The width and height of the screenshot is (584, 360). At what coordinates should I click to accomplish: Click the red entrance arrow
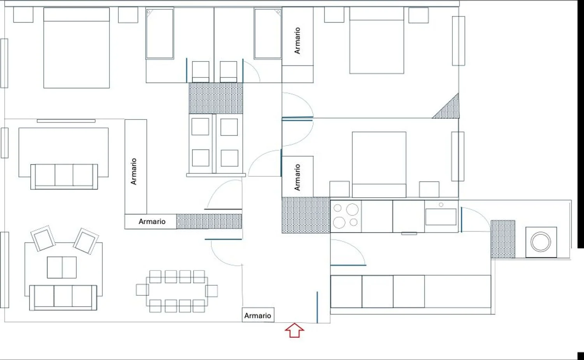click(x=294, y=330)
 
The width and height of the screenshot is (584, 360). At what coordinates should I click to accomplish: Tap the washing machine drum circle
click(x=541, y=242)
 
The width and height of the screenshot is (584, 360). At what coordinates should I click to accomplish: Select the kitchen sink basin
click(x=441, y=217)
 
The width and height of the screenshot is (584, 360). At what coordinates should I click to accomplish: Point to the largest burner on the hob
click(x=352, y=209)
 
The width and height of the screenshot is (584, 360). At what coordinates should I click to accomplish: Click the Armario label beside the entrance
click(x=258, y=316)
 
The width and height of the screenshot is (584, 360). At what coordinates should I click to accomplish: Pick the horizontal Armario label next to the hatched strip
click(x=152, y=221)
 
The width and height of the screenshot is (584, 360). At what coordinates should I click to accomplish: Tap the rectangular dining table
click(x=177, y=292)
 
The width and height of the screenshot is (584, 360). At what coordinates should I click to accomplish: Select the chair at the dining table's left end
click(x=142, y=290)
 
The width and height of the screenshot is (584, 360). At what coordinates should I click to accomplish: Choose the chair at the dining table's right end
click(x=211, y=291)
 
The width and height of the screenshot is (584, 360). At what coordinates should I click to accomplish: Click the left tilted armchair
click(x=43, y=239)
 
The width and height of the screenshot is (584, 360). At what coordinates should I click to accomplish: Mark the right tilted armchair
click(x=86, y=241)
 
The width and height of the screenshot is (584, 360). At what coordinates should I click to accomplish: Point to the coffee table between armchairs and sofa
click(x=62, y=267)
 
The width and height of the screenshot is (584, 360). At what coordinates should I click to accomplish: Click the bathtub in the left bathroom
click(x=160, y=33)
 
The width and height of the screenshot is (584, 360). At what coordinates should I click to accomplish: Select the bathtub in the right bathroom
click(x=268, y=33)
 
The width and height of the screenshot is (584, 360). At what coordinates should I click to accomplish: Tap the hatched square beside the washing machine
click(x=503, y=239)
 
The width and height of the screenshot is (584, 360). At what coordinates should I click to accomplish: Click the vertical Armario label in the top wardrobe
click(x=297, y=40)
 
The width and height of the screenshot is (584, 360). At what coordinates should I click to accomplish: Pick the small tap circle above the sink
click(x=441, y=205)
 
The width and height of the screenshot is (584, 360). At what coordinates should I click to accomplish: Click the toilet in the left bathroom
click(x=201, y=72)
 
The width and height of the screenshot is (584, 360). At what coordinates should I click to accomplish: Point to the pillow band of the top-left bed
click(x=76, y=15)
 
